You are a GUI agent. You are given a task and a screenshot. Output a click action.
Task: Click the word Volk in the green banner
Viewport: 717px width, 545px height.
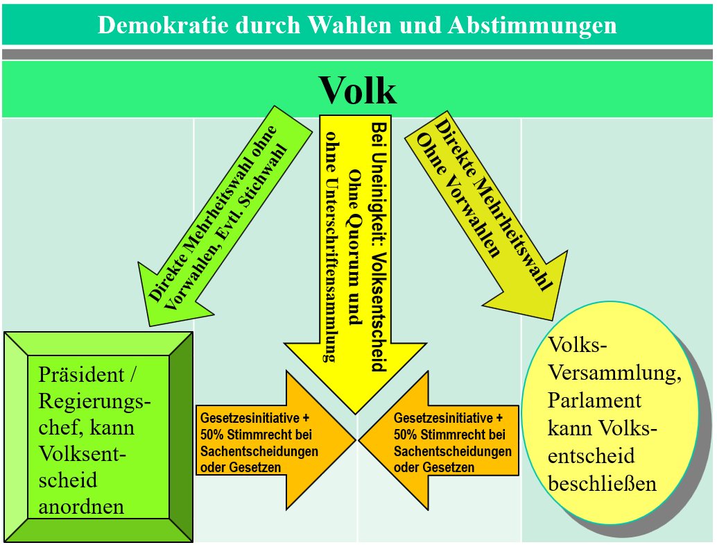pyautogui.click(x=358, y=90)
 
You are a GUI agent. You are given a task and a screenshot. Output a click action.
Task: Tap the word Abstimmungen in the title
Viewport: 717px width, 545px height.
pyautogui.click(x=533, y=25)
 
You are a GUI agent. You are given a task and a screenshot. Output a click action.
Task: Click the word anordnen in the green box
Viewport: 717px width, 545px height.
pyautogui.click(x=81, y=505)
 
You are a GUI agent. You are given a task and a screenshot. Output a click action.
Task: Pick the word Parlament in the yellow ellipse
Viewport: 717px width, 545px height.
pyautogui.click(x=594, y=401)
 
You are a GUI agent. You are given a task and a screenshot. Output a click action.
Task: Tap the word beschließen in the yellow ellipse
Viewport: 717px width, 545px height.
pyautogui.click(x=602, y=483)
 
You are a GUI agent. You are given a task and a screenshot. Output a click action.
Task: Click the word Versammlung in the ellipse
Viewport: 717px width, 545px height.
pyautogui.click(x=612, y=373)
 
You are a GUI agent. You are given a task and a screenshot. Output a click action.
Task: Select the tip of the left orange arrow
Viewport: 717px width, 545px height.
pyautogui.click(x=355, y=439)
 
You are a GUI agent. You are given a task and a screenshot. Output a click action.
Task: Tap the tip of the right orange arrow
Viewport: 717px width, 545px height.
pyautogui.click(x=360, y=439)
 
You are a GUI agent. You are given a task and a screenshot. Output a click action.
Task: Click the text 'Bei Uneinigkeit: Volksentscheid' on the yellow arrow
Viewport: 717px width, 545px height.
pyautogui.click(x=379, y=246)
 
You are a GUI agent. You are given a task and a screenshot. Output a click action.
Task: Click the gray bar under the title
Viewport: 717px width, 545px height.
pyautogui.click(x=358, y=54)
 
